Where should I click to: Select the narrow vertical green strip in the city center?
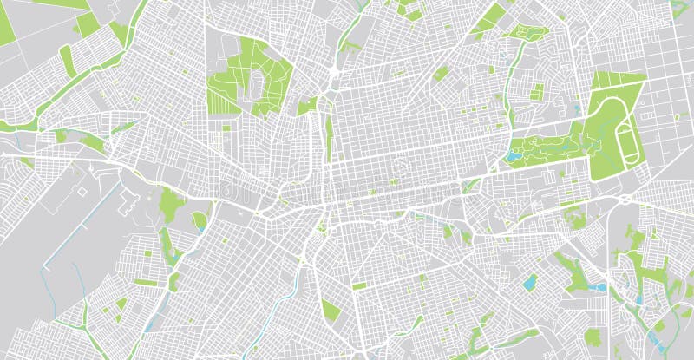[329, 139]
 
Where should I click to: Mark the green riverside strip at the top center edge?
[350, 35]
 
